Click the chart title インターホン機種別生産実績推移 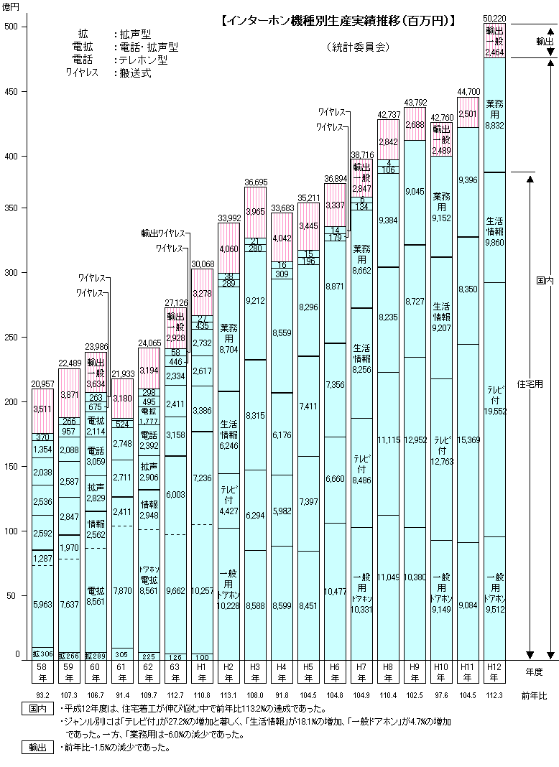tap(338, 21)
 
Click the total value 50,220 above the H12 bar tap(494, 17)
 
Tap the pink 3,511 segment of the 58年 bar tap(43, 410)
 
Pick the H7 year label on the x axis tap(361, 673)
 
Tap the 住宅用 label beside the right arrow tap(530, 383)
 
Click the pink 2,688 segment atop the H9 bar tap(415, 125)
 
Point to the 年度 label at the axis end tap(533, 671)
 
